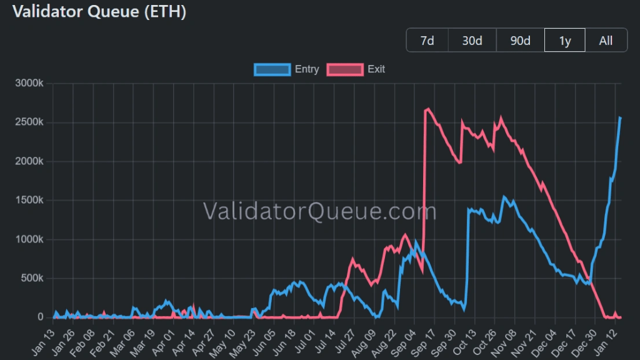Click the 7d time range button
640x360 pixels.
[427, 41]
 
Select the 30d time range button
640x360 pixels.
[472, 41]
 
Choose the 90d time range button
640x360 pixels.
[520, 41]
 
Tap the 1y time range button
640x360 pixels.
[564, 41]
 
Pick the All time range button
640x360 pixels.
[606, 41]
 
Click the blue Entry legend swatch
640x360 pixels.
[272, 69]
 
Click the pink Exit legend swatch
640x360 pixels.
[346, 69]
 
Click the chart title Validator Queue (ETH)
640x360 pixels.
[99, 12]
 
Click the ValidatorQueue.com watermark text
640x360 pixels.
[319, 212]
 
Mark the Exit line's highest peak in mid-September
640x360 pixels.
[428, 109]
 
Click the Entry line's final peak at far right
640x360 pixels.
[619, 117]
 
